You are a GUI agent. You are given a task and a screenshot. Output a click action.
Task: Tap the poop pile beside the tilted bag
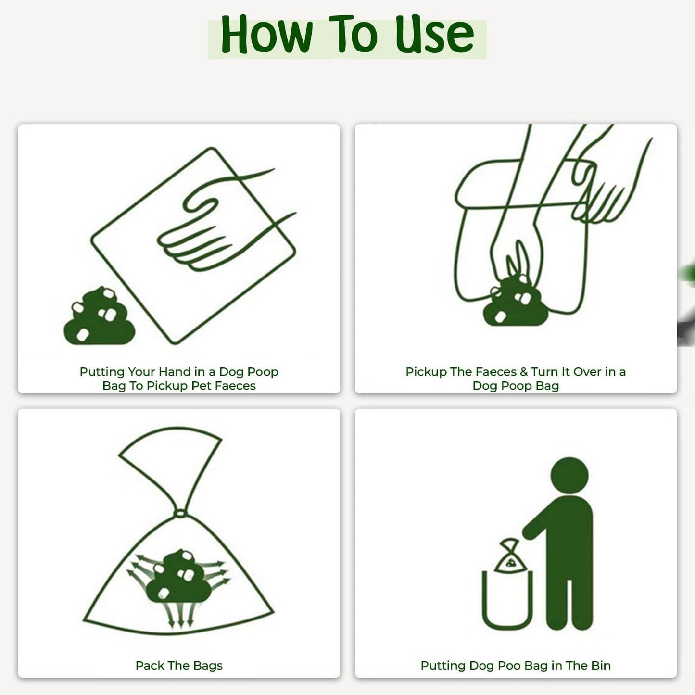point(99,318)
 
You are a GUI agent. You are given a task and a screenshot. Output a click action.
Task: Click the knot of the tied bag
point(179,513)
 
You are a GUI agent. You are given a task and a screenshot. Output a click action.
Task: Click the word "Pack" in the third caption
point(151,666)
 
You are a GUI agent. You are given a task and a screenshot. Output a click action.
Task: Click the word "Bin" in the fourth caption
point(601,666)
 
